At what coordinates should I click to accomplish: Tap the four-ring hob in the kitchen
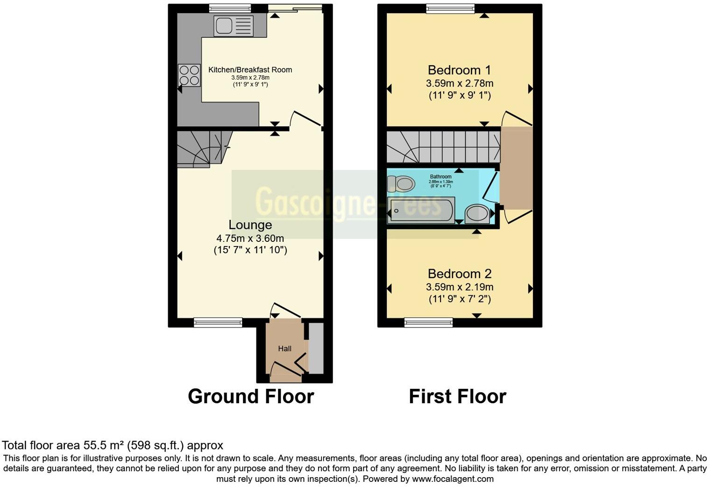189,75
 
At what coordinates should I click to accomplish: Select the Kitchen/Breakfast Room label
250,70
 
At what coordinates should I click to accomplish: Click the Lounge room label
250,225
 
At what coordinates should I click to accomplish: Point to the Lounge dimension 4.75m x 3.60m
250,238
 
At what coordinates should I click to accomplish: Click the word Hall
284,349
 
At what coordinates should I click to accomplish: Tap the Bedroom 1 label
459,70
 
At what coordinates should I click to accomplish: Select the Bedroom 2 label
459,274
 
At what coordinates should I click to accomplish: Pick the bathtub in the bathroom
421,211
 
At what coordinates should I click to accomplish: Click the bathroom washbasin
477,214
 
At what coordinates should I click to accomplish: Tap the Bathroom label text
440,177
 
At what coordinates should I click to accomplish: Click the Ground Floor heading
251,397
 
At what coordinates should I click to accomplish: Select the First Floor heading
457,397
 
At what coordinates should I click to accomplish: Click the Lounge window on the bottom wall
218,322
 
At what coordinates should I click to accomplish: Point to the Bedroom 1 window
450,8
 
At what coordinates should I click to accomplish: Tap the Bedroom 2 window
428,322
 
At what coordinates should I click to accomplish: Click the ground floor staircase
202,148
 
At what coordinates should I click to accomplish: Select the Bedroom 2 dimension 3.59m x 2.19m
459,287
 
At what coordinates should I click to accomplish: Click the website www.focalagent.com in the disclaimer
453,479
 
